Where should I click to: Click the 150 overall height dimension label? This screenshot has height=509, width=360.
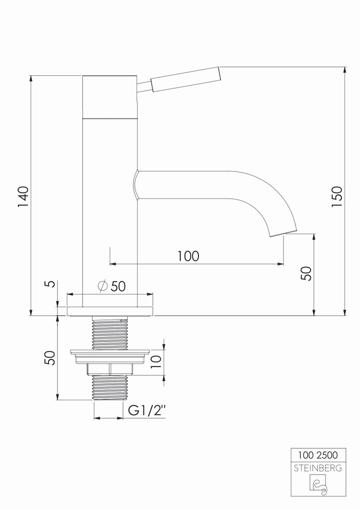point(336,197)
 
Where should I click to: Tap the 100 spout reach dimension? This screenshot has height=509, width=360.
point(188,256)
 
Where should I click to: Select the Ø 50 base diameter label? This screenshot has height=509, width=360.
point(111,286)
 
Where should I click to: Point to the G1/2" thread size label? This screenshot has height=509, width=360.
point(147,410)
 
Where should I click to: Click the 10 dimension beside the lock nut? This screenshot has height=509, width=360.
point(156,361)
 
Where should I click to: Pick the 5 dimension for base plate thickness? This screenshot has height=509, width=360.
point(51,284)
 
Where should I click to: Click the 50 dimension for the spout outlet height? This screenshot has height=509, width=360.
point(306,273)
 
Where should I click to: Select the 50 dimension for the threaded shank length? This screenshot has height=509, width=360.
point(50,358)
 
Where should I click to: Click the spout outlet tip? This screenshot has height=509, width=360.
point(284,233)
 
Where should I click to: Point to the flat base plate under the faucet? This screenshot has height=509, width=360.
point(110,311)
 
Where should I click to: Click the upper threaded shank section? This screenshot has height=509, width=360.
point(110,333)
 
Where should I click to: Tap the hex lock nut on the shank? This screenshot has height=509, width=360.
point(110,369)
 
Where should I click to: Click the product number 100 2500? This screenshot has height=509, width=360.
point(318,455)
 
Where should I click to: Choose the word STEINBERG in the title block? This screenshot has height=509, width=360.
point(318,468)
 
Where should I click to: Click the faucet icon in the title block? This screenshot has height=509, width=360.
point(319,484)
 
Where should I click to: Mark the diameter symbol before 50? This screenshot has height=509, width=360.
point(102,286)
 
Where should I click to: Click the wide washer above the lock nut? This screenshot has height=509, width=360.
point(110,352)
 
